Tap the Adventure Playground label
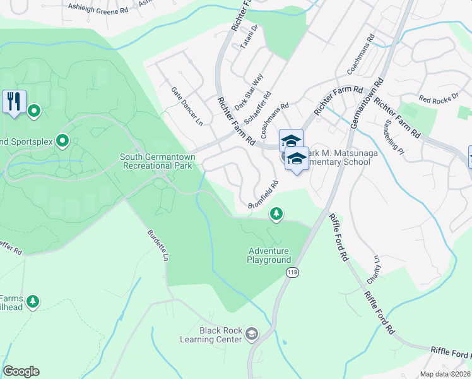point(269,255)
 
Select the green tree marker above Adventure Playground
point(276,214)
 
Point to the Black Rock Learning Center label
point(220,335)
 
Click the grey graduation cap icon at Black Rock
point(252,334)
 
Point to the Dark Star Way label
point(249,92)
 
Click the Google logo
point(21,371)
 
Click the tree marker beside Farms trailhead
point(33,302)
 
